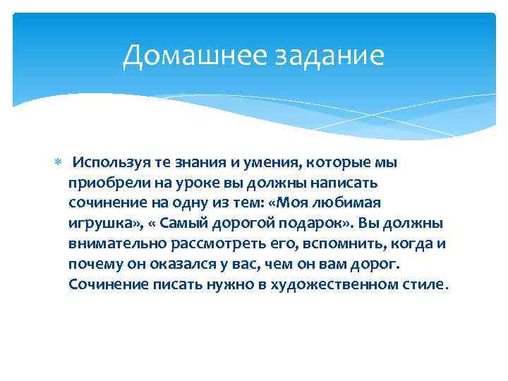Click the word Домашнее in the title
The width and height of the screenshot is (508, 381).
(186, 56)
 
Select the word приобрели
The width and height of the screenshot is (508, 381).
(103, 183)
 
